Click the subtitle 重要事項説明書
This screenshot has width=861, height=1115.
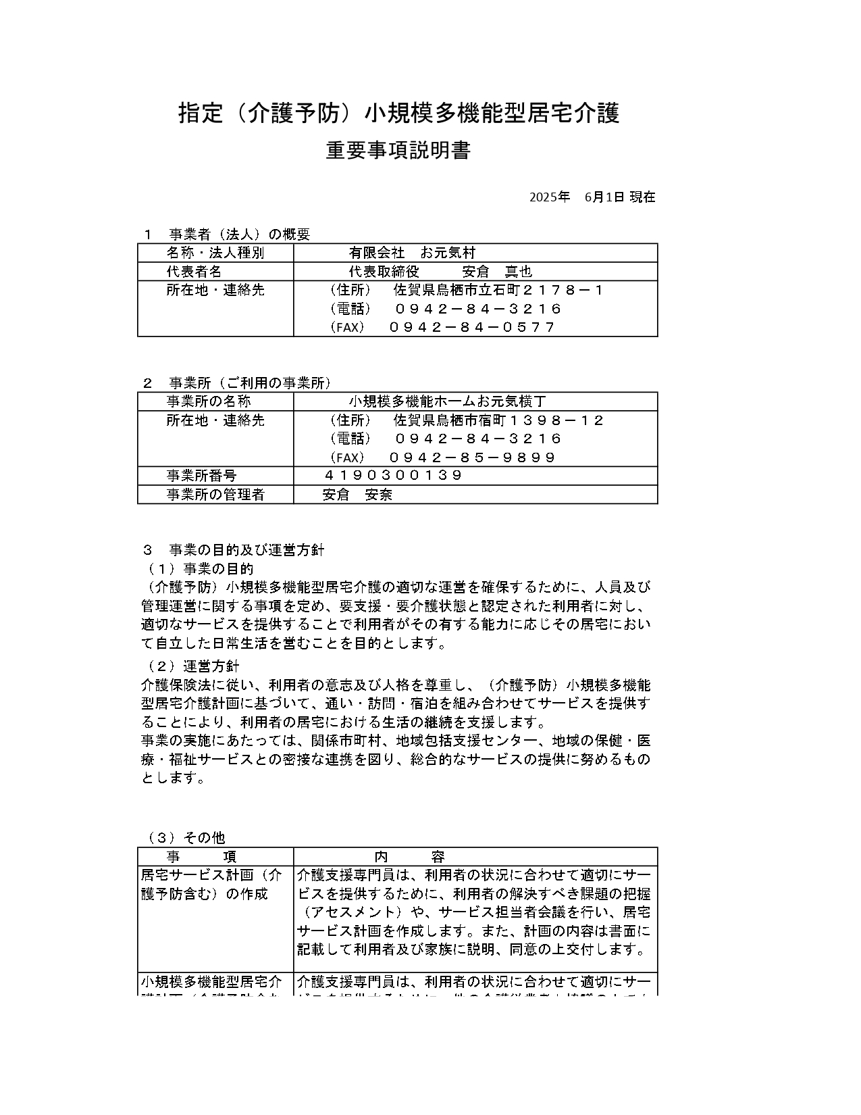click(398, 151)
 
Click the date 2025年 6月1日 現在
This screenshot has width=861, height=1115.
click(592, 197)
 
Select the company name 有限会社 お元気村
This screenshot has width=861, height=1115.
click(412, 253)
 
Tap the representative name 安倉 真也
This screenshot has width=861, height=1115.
click(498, 272)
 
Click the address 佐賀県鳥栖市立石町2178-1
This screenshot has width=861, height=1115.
click(498, 291)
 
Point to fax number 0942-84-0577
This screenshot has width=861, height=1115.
click(472, 328)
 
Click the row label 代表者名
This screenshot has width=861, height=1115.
click(194, 272)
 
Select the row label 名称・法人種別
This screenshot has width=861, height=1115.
click(215, 253)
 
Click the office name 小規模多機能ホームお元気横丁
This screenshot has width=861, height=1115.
click(452, 401)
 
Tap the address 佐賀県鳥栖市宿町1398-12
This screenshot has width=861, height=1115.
click(498, 420)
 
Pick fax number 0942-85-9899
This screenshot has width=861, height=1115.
click(472, 457)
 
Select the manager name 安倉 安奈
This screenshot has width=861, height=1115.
click(357, 495)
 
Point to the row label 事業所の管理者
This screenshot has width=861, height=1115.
click(215, 495)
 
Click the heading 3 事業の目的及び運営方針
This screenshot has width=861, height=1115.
click(234, 549)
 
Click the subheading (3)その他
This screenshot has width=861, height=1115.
click(186, 838)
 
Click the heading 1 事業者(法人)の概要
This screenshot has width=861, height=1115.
click(227, 234)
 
